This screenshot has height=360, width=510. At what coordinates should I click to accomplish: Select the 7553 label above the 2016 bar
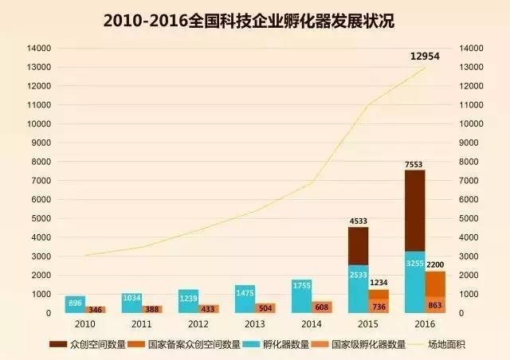[414, 163]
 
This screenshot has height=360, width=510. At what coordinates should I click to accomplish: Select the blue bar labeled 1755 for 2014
[301, 295]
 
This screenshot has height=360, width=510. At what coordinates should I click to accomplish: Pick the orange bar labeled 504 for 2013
[265, 308]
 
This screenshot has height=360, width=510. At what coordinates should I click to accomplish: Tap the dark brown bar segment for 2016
[414, 211]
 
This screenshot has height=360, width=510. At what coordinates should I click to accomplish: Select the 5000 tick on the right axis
[471, 218]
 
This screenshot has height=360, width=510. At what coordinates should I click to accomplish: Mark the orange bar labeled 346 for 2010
[96, 309]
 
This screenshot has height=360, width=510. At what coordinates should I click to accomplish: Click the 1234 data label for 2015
[378, 283]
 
